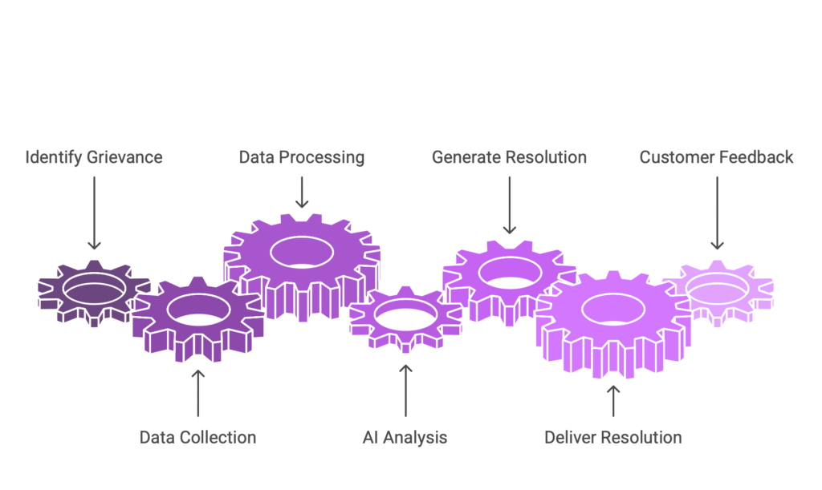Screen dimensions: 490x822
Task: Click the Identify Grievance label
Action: pos(94,156)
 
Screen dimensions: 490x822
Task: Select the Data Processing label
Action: pos(301,156)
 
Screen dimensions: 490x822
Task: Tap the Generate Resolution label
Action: pos(509,156)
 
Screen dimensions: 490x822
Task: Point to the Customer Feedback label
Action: pos(716,156)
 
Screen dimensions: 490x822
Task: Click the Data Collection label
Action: pos(197,437)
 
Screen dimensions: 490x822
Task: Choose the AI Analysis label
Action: pos(405,437)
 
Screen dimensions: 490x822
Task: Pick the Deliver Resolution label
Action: pos(612,437)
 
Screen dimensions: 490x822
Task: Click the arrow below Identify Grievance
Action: pos(94,213)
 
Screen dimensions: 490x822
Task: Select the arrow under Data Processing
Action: pos(301,192)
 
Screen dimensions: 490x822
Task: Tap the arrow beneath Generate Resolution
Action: pos(509,205)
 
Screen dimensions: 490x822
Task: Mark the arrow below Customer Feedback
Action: pos(716,213)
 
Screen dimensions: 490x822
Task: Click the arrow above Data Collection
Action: pos(197,393)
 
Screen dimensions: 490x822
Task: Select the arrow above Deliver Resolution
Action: pos(612,399)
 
